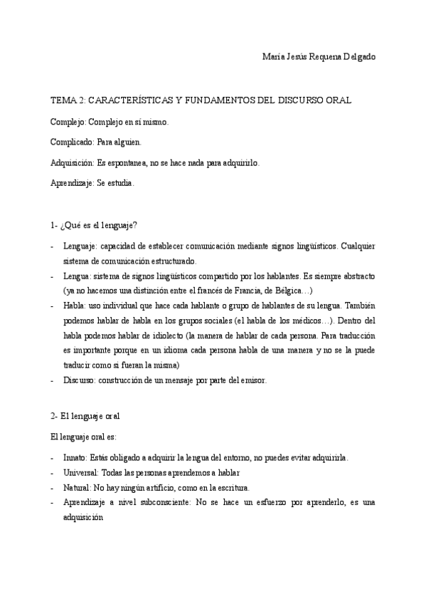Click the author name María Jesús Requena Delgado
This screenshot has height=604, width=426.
tap(319, 57)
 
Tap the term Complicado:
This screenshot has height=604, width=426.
tap(73, 142)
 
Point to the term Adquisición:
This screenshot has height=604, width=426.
tap(74, 162)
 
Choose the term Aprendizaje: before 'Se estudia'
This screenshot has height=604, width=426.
tap(73, 182)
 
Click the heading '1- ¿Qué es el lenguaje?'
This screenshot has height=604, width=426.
tap(94, 225)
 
